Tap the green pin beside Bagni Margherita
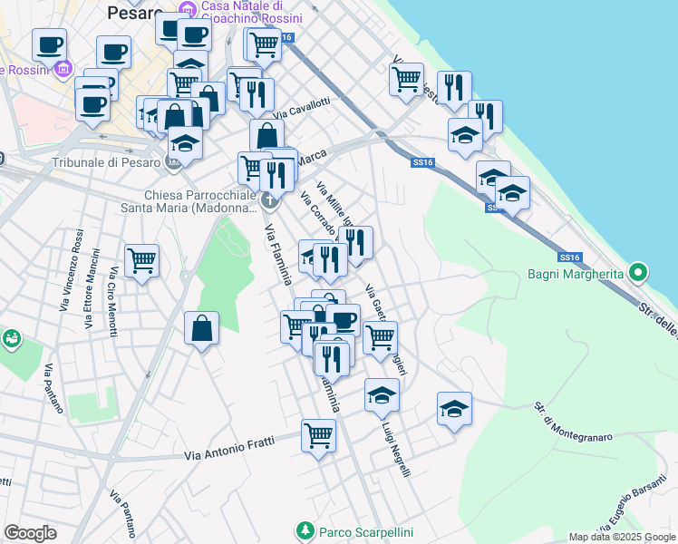coord(639,272)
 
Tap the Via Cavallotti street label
coord(302,111)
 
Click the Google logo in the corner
coord(30,533)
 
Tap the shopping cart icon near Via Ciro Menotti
coord(142,261)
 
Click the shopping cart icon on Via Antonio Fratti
coord(318,436)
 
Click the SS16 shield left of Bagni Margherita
coord(569,257)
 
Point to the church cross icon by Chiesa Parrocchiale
coord(268,199)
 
